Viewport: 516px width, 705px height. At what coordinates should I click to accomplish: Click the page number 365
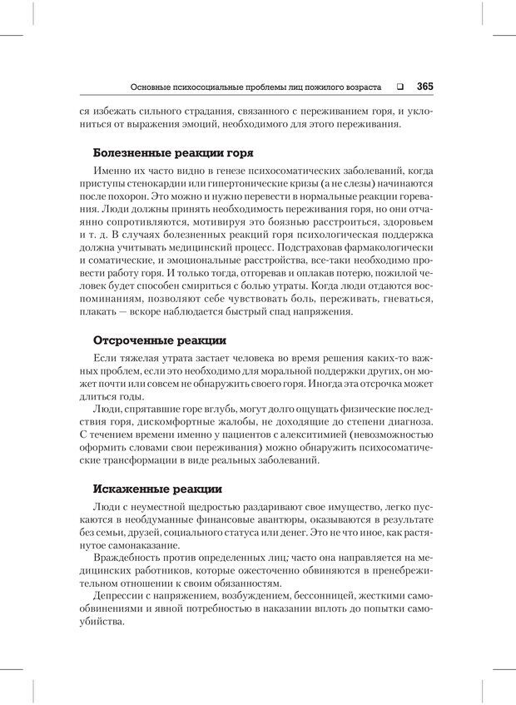[424, 86]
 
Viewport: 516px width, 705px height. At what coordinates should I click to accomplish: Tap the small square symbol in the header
[400, 86]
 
